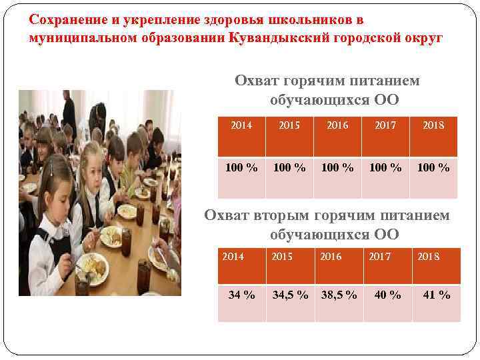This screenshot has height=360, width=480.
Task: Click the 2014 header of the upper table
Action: (x=241, y=125)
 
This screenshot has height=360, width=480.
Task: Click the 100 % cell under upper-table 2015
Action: (x=289, y=167)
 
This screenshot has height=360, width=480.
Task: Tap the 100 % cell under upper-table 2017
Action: (x=385, y=167)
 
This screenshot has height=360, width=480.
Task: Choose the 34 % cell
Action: (x=241, y=295)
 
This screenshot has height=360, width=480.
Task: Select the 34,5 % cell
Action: (x=290, y=295)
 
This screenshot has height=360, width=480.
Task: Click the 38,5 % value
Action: (x=339, y=295)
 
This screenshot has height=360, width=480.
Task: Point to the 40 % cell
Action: (x=387, y=295)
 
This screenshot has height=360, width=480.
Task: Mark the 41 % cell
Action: (x=437, y=295)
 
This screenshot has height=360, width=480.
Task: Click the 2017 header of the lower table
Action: (x=381, y=256)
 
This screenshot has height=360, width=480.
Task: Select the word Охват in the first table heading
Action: (x=257, y=81)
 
